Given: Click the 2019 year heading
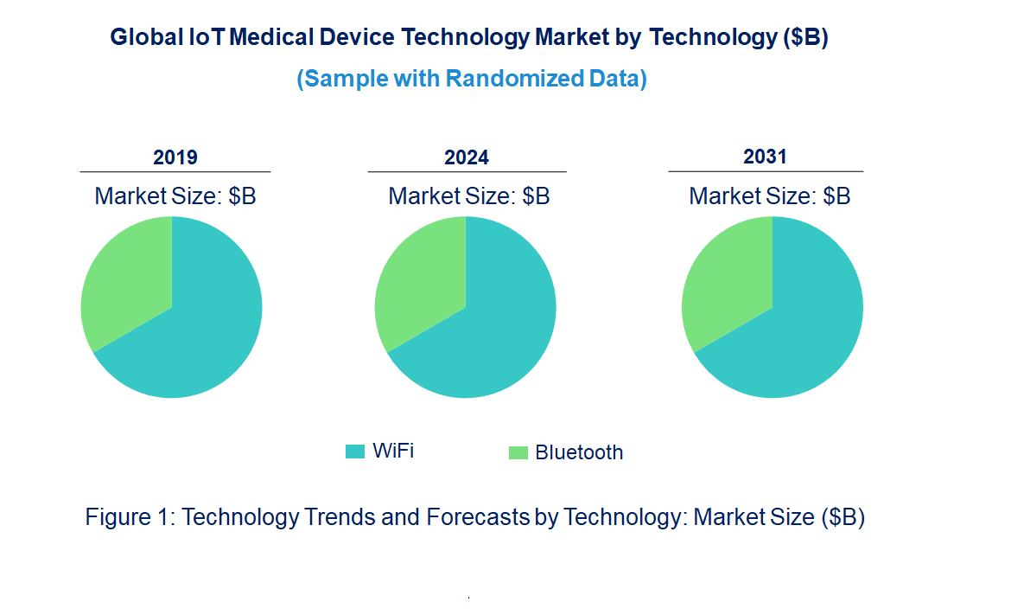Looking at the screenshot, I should point(175,157).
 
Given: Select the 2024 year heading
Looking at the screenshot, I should point(467,157).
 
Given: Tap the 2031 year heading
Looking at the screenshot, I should point(766,157).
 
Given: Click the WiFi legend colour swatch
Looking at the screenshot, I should point(355,452).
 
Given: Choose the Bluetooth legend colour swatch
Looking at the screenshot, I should point(518,452).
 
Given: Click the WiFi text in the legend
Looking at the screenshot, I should point(393,451).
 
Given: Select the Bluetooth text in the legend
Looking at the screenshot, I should point(579,452).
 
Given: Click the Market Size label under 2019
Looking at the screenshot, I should point(175,196).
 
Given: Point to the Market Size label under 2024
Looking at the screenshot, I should point(469,196).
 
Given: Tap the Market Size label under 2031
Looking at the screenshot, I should point(770,196).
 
